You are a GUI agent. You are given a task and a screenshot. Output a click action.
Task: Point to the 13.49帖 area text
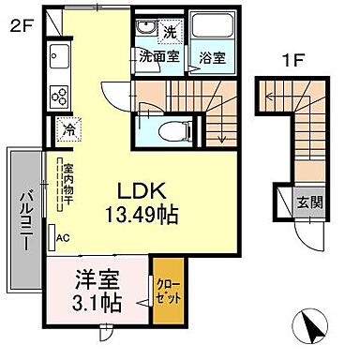click(x=142, y=215)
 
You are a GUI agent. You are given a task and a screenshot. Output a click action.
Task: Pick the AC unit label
click(x=64, y=239)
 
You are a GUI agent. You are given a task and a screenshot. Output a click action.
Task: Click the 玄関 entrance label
click(x=306, y=202)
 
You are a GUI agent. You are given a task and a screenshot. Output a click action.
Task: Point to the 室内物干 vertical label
click(x=68, y=183)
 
